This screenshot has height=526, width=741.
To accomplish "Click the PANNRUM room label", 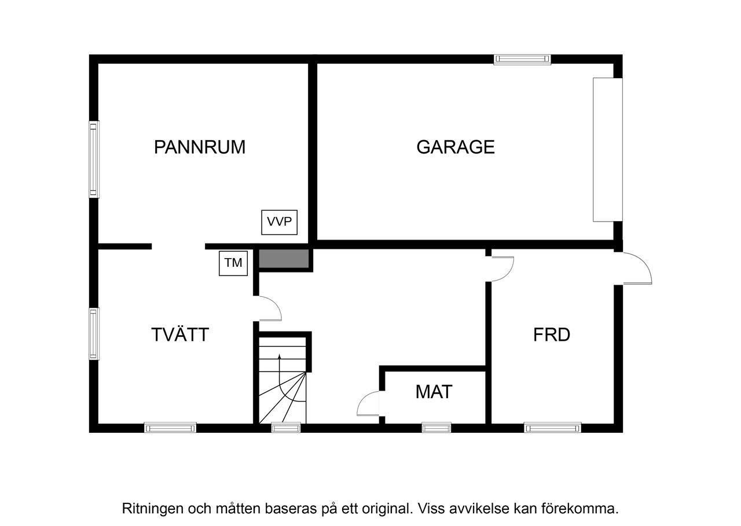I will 200,147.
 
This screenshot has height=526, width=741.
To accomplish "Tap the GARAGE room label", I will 456,147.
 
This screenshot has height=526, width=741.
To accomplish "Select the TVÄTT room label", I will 179,335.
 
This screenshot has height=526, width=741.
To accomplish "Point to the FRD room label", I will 552,335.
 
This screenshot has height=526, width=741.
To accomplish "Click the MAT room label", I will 434,392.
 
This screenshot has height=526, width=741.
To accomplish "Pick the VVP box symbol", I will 280,222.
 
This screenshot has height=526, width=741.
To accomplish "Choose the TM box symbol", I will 233,263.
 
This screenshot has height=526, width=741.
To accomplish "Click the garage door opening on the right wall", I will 607,149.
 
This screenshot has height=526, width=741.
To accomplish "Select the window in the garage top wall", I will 522,59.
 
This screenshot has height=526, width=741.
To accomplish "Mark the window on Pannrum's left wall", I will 94,159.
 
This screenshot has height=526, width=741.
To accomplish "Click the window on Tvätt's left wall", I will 94,333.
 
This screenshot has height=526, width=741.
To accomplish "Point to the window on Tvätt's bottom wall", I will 170,428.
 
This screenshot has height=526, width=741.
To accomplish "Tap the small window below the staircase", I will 286,428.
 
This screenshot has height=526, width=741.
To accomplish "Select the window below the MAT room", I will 436,428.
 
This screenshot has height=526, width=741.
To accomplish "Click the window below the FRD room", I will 552,428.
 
